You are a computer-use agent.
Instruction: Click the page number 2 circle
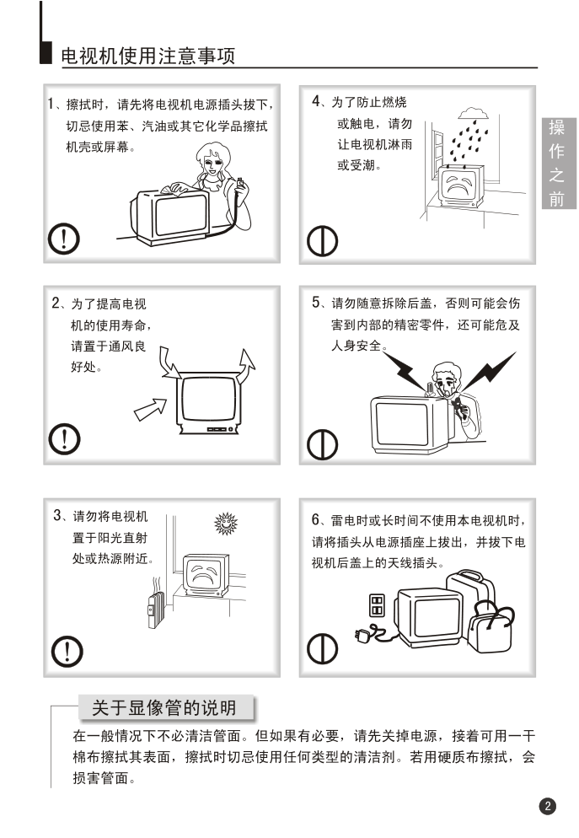tap(548, 806)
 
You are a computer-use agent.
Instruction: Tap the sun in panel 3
tap(225, 524)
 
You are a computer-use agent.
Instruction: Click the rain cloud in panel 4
tap(474, 113)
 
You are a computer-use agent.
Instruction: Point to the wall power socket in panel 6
tap(377, 605)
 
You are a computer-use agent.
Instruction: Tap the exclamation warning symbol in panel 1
tap(64, 239)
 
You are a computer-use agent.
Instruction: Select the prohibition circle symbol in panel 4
tap(322, 241)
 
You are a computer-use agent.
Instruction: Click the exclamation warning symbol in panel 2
tap(64, 438)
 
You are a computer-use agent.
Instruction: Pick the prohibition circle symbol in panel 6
tap(322, 648)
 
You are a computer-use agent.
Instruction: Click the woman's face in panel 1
tap(212, 161)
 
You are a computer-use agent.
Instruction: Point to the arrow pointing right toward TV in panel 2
tap(151, 410)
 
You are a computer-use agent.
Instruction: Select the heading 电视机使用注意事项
tap(148, 56)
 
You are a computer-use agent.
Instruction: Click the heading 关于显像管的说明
tap(164, 707)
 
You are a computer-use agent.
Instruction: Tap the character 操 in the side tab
tap(556, 128)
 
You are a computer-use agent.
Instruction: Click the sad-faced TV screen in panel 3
tap(204, 574)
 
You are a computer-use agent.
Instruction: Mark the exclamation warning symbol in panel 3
tap(67, 651)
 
